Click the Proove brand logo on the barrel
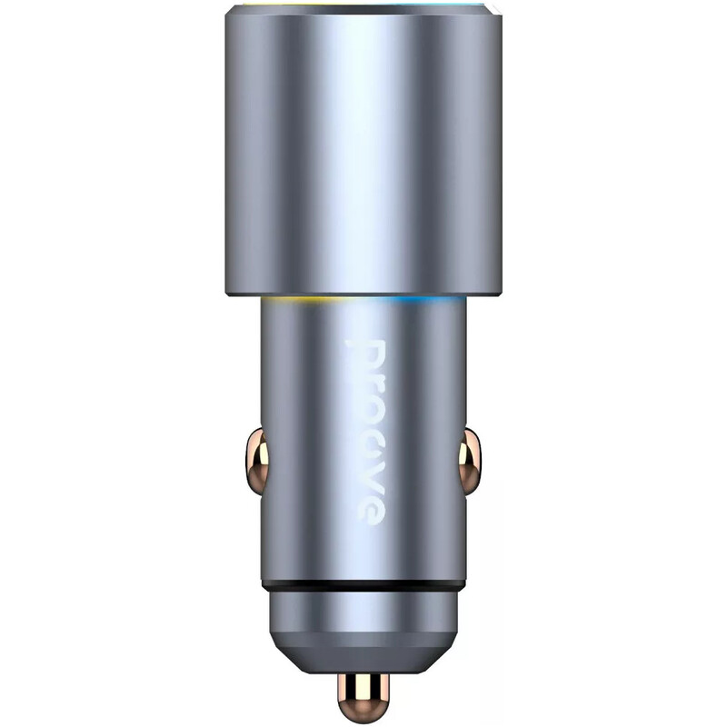click(x=366, y=433)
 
